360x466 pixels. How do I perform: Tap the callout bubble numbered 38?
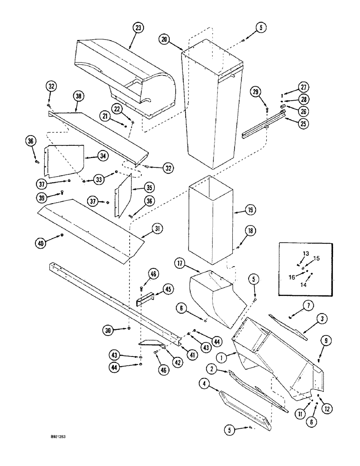[77, 97]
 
